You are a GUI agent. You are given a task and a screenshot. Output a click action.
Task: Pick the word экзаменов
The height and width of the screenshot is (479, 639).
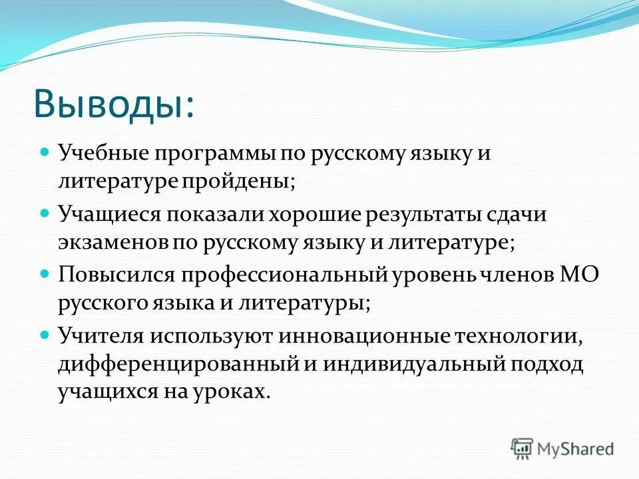(114, 242)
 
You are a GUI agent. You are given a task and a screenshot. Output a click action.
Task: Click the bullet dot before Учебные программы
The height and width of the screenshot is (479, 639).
(45, 152)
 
